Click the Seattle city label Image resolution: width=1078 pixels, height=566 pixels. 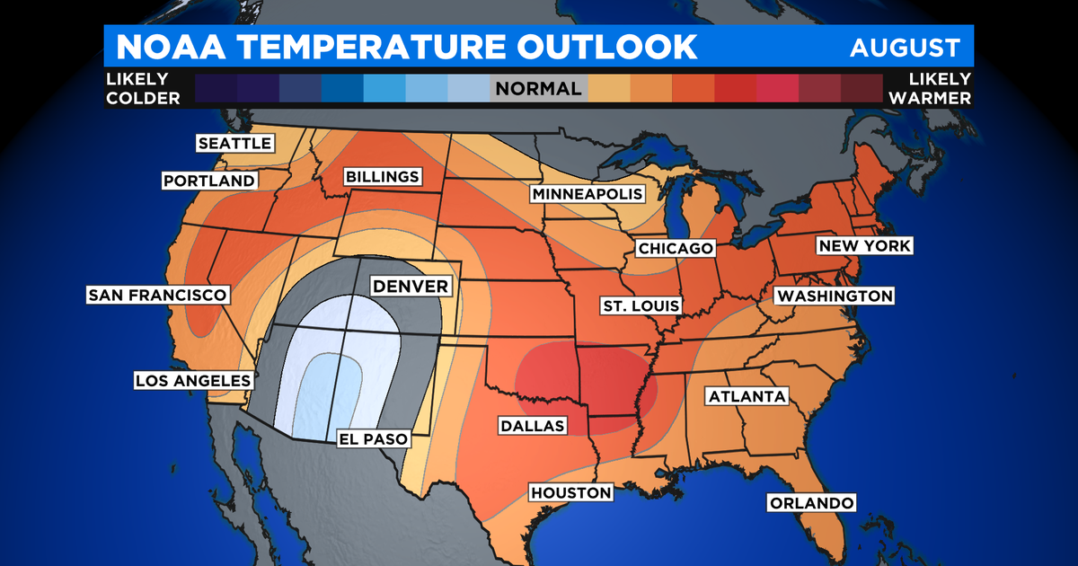tap(234, 144)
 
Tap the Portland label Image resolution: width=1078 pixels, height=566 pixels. tap(209, 181)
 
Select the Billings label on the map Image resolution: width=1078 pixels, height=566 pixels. tap(382, 177)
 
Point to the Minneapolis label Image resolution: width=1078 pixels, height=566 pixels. tap(588, 194)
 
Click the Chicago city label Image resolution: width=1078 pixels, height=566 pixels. tap(675, 248)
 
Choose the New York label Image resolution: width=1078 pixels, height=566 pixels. tap(863, 246)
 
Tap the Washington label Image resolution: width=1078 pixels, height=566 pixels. tap(835, 296)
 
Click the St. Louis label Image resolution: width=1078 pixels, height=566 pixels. tap(641, 305)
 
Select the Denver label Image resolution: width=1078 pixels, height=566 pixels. tap(411, 287)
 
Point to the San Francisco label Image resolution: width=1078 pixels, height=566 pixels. tap(157, 295)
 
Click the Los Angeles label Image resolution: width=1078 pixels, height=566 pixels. tap(192, 380)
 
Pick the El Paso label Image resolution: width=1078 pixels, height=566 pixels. tap(372, 439)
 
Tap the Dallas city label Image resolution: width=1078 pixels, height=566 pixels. tap(533, 425)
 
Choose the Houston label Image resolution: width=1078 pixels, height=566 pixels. tap(570, 492)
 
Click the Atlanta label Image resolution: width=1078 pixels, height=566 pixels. tap(747, 396)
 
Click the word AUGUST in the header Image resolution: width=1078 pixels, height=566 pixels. tap(905, 48)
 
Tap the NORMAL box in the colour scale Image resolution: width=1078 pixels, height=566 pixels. tap(538, 89)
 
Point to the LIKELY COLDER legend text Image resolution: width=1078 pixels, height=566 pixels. tap(143, 89)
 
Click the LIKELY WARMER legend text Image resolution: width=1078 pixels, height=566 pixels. tap(930, 89)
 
